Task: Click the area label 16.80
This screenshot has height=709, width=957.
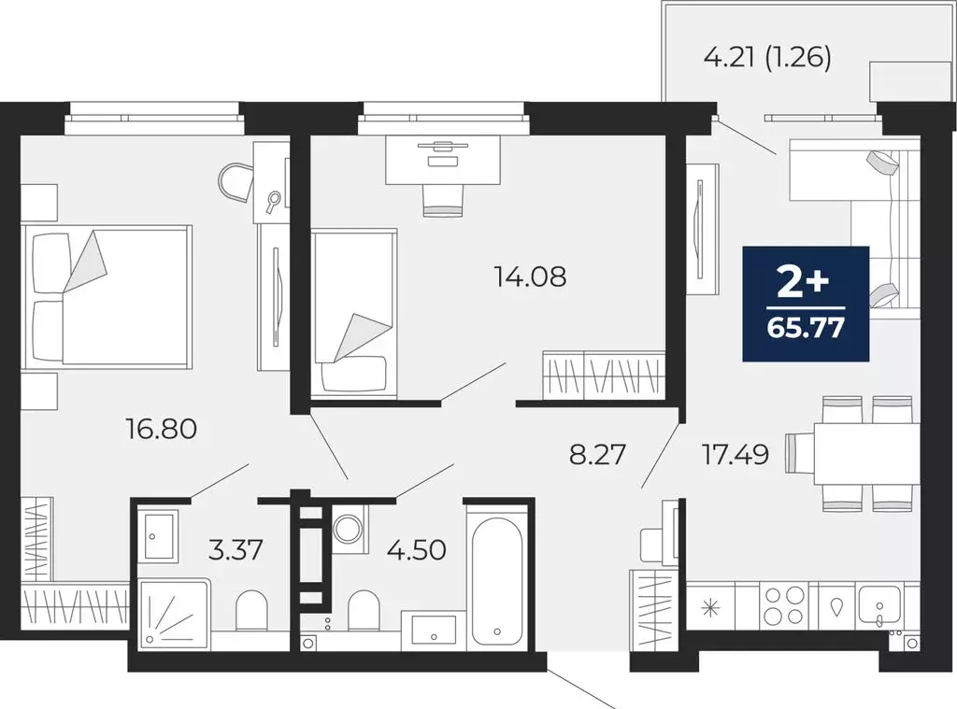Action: click(x=161, y=429)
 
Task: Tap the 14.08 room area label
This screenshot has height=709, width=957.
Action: click(x=530, y=277)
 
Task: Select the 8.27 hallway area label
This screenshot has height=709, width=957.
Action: click(x=597, y=455)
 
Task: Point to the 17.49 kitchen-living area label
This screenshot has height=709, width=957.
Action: click(x=736, y=455)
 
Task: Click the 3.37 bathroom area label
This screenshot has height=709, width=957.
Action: click(x=236, y=550)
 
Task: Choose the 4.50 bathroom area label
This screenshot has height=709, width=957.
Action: click(x=417, y=550)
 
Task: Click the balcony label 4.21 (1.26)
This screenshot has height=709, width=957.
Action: click(x=767, y=57)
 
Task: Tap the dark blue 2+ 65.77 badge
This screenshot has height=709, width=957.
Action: click(x=806, y=304)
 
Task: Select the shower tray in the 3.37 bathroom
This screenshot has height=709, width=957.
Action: click(x=175, y=613)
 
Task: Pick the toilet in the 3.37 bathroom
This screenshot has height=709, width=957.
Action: click(x=251, y=611)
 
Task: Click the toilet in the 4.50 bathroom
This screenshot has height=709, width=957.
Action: click(x=364, y=611)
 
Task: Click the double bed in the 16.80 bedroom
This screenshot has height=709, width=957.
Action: click(x=107, y=296)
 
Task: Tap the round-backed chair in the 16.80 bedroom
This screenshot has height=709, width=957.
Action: click(x=236, y=181)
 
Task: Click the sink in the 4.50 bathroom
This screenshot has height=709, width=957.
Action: click(x=434, y=630)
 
